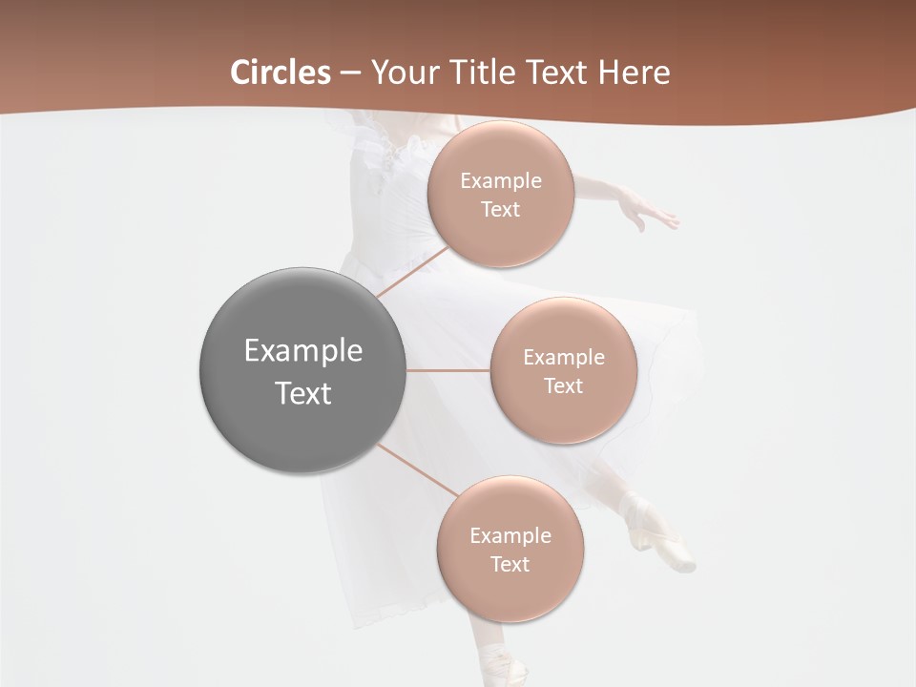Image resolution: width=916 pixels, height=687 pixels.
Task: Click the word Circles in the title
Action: tap(280, 73)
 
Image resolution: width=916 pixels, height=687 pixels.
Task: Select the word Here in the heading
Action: tap(634, 73)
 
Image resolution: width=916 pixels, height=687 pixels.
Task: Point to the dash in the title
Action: tap(349, 73)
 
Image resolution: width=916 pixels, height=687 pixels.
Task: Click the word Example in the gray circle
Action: tap(302, 351)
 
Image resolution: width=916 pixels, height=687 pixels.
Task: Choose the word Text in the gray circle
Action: tap(302, 393)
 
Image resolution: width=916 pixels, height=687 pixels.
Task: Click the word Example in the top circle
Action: tap(500, 180)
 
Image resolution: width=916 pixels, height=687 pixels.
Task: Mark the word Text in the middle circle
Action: tap(563, 385)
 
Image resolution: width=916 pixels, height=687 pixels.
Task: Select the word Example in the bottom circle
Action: tap(510, 535)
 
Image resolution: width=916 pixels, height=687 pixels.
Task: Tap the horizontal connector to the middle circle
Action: tap(448, 369)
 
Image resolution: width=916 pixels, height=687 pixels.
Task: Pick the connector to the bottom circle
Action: tap(417, 470)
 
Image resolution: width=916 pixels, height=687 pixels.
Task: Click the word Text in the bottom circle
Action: tap(510, 564)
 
